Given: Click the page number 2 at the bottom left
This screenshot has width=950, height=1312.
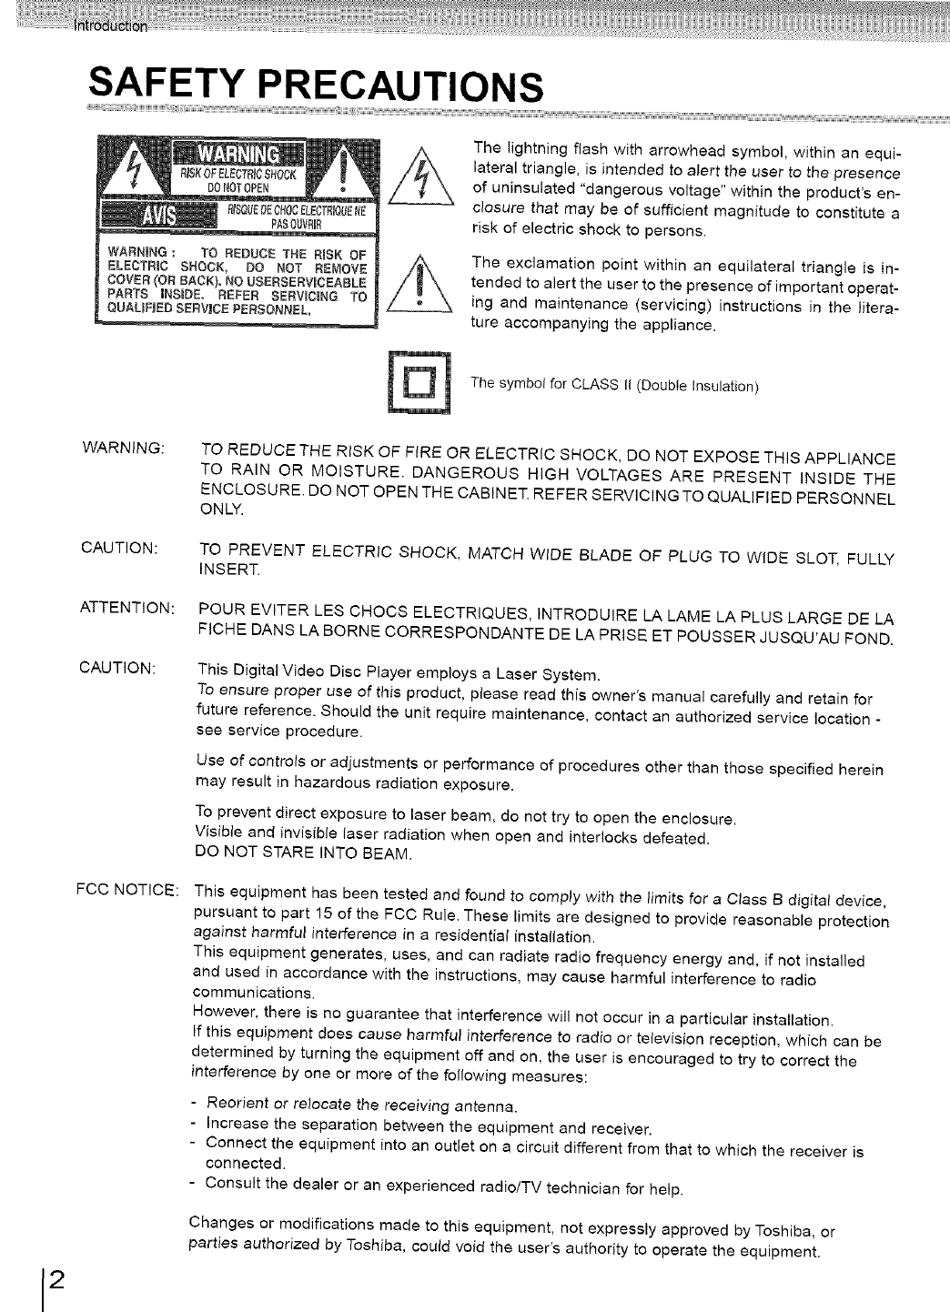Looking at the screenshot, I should [56, 1279].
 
